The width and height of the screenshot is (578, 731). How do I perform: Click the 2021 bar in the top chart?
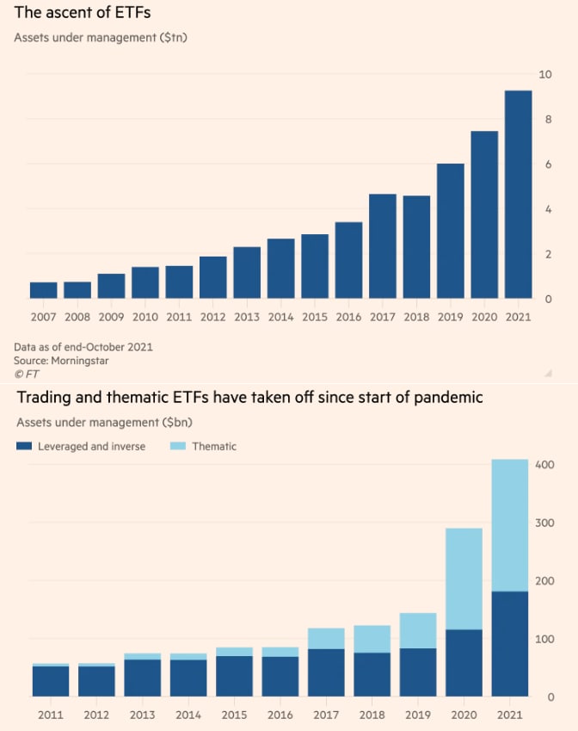[518, 195]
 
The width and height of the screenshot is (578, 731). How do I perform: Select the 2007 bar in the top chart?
[43, 290]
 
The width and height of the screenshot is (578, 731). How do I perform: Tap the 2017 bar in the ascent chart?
[383, 246]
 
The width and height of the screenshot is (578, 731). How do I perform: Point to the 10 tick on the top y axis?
[544, 75]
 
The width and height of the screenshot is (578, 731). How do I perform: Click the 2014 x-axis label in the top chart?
[280, 316]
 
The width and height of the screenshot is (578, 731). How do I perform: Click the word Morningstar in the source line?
[79, 361]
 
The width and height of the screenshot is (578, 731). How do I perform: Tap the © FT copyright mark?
[27, 375]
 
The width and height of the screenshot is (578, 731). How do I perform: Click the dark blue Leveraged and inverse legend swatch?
[24, 446]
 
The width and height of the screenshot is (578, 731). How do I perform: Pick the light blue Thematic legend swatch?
[177, 446]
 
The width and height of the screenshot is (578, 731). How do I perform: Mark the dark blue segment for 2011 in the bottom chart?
[51, 680]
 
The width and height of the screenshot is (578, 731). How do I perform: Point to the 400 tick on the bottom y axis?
[544, 465]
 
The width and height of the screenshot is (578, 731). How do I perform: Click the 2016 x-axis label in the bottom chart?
[280, 716]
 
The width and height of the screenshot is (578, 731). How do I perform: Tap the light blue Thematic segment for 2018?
[372, 639]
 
